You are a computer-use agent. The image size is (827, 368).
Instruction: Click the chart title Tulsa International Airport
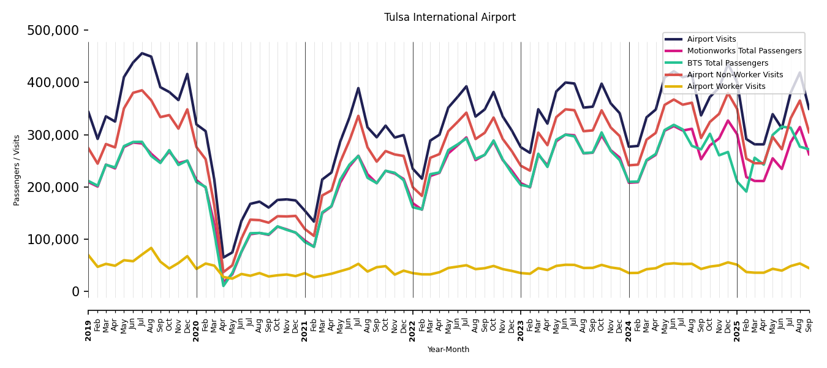(450, 17)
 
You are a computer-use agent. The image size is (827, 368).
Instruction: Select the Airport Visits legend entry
(711, 39)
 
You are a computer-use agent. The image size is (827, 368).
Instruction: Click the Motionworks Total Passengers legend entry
(744, 51)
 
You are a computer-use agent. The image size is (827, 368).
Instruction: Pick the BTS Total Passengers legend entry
(727, 63)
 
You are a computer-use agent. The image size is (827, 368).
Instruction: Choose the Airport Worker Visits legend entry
(726, 86)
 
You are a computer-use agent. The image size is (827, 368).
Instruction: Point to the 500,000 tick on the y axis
(53, 30)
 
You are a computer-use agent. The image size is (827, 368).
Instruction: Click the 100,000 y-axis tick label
(53, 239)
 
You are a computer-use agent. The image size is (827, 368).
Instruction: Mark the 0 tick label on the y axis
(75, 291)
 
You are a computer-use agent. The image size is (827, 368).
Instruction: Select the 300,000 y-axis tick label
(53, 135)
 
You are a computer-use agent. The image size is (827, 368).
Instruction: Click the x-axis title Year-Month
(448, 350)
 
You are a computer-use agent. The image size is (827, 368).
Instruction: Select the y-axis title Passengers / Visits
(17, 170)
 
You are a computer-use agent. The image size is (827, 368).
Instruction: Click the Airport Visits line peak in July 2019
(142, 53)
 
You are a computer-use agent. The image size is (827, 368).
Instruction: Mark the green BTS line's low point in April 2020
(224, 286)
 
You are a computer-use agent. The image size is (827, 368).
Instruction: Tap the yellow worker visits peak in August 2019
(151, 248)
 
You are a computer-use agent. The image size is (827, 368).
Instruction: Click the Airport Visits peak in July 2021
(358, 88)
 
